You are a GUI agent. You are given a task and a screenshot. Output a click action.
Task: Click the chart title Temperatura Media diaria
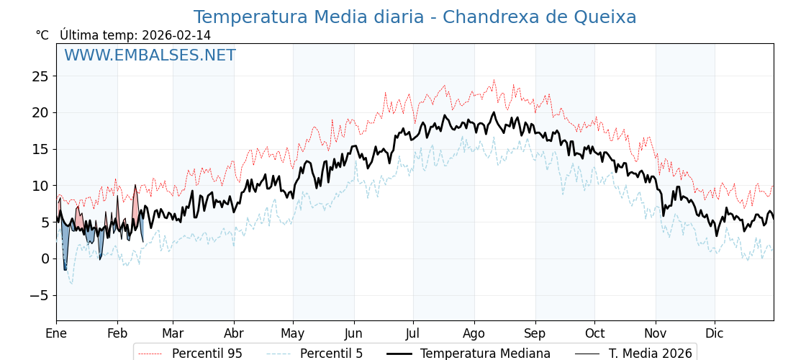point(415,17)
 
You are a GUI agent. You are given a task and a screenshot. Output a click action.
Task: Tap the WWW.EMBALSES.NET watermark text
point(150,55)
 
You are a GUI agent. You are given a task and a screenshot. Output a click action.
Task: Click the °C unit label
point(42,35)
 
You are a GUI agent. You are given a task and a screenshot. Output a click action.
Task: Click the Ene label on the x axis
point(56,333)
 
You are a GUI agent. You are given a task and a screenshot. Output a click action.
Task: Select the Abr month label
point(234,333)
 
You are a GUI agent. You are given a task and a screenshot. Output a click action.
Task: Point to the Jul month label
point(413,333)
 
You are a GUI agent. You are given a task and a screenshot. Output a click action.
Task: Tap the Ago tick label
point(474,333)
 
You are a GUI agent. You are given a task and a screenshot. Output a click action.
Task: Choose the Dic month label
point(715,333)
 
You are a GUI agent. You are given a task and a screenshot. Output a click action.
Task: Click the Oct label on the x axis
point(594,333)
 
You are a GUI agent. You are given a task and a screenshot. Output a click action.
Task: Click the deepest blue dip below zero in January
point(65,269)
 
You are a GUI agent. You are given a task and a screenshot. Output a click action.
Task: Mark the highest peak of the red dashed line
point(494,81)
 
